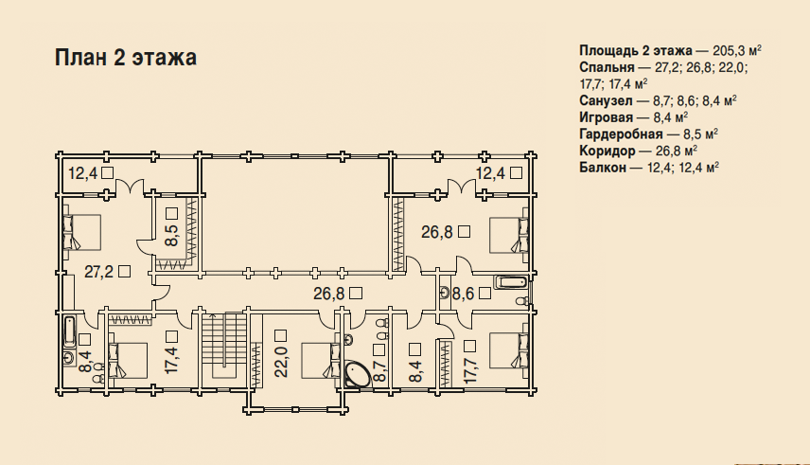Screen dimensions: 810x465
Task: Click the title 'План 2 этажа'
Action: click(126, 58)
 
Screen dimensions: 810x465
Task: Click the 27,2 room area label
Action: click(99, 272)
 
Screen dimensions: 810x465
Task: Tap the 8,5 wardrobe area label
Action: click(171, 236)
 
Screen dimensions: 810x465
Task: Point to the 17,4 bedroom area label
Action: click(172, 360)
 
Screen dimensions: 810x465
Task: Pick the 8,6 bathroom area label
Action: click(464, 294)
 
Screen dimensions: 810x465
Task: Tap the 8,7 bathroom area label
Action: click(379, 371)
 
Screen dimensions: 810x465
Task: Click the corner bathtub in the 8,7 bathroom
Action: click(357, 375)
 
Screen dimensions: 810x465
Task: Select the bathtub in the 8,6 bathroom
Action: click(511, 282)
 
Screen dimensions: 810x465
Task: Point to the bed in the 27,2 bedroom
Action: click(82, 232)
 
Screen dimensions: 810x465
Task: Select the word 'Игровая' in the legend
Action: click(606, 117)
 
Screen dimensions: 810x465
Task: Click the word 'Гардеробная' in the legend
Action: click(621, 134)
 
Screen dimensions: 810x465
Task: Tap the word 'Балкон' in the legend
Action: click(603, 168)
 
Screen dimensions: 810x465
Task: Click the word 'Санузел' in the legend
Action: click(606, 100)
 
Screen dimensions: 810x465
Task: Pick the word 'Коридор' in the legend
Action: click(607, 151)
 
